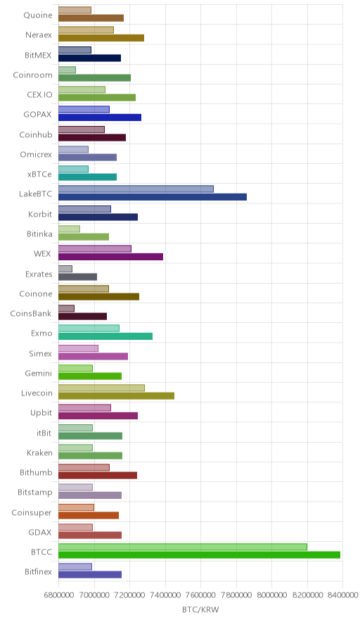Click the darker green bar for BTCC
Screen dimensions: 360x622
click(199, 554)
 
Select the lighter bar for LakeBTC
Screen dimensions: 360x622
click(136, 189)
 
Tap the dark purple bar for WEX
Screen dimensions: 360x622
click(110, 257)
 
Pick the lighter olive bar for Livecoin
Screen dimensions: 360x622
click(101, 388)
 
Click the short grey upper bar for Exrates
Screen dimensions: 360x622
click(65, 269)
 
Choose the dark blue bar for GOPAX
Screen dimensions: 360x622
click(100, 118)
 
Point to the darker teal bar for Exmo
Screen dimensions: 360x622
click(105, 336)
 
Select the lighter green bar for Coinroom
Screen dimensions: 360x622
click(67, 70)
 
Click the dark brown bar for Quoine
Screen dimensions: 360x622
click(91, 18)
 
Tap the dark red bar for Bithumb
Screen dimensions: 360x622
click(98, 475)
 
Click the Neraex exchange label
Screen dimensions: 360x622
click(39, 35)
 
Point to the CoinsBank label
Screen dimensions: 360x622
click(31, 313)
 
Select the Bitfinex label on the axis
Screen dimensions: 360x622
click(38, 571)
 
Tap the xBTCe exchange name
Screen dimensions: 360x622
click(39, 174)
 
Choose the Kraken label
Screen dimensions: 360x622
click(39, 452)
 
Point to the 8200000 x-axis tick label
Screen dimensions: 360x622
click(307, 595)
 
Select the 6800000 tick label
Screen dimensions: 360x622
click(58, 595)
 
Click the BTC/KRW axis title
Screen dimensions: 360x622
click(200, 610)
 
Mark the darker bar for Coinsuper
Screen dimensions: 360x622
click(89, 515)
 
